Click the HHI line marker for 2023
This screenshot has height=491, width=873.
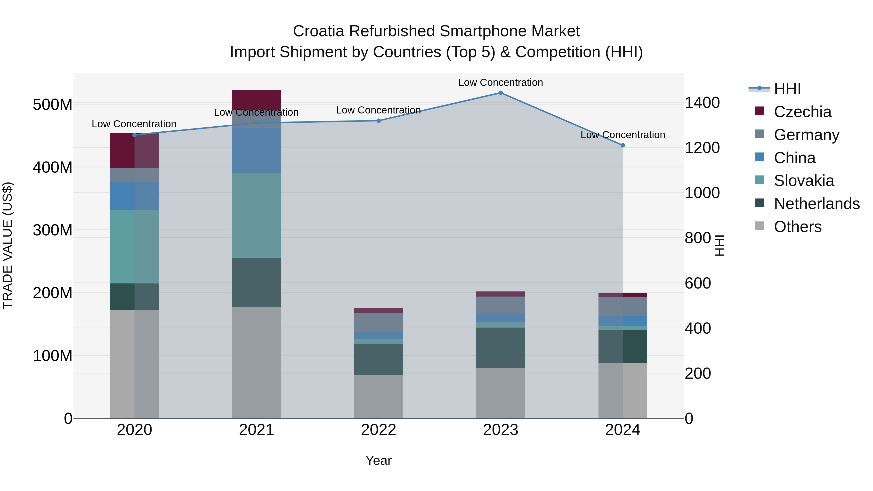click(501, 93)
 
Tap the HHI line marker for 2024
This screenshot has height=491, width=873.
click(622, 145)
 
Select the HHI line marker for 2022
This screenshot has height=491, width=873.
click(379, 121)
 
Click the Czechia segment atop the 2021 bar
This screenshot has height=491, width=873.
click(257, 100)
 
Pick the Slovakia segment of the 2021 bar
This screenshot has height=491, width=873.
click(257, 216)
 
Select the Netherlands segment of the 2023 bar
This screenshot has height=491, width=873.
click(501, 348)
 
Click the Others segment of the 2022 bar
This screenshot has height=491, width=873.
click(379, 396)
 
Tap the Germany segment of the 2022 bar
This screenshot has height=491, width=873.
click(379, 322)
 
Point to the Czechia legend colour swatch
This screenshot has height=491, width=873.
click(760, 111)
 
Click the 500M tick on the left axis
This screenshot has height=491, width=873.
click(53, 104)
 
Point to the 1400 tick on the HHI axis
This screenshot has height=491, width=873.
click(702, 103)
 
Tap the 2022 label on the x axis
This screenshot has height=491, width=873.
click(379, 430)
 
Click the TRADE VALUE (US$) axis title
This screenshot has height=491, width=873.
click(8, 245)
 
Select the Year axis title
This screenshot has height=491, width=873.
click(379, 460)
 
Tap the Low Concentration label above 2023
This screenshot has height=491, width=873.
click(501, 82)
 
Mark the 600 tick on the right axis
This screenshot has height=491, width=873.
click(698, 283)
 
